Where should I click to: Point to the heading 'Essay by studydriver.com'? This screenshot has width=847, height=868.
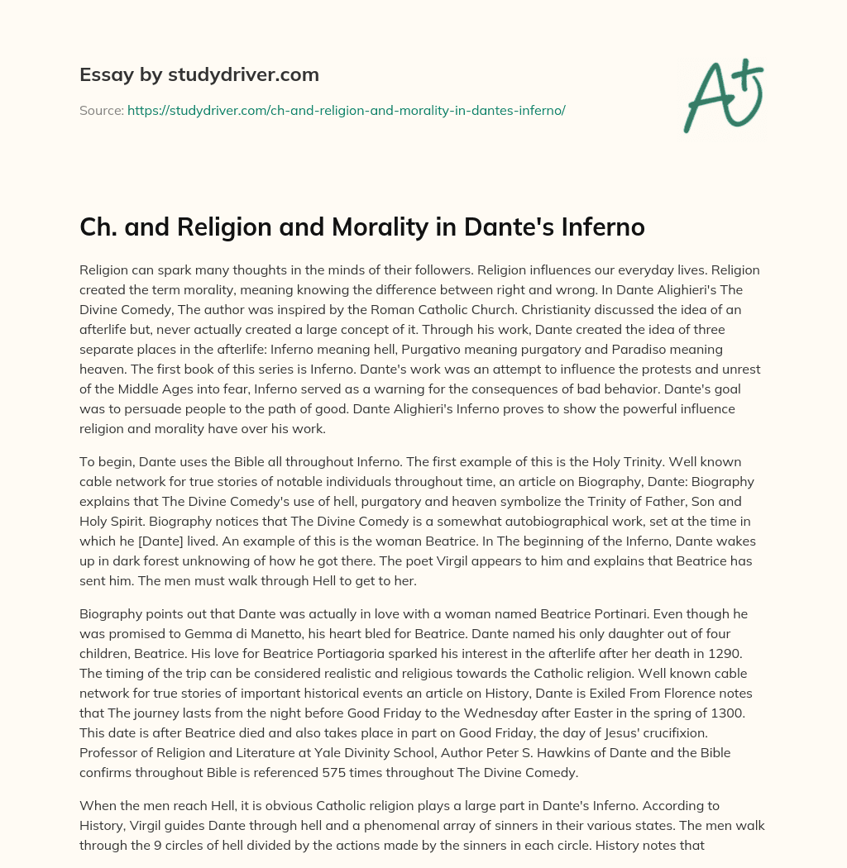[199, 74]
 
